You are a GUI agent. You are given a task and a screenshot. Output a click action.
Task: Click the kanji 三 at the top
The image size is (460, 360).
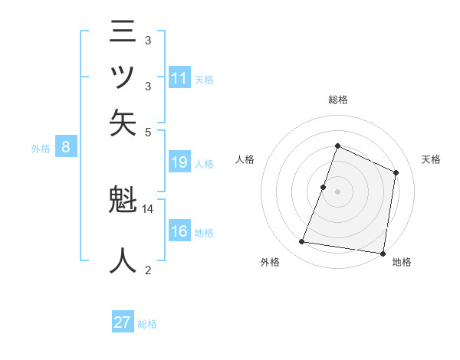click(123, 34)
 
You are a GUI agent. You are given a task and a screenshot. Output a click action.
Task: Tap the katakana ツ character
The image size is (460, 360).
click(123, 77)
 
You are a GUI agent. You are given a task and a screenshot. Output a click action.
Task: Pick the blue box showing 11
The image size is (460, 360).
click(179, 78)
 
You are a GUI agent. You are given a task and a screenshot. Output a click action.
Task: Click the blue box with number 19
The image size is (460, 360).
click(179, 162)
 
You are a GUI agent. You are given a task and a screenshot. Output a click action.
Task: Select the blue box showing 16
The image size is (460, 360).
click(179, 232)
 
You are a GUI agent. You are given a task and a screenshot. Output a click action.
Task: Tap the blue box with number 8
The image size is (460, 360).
click(66, 148)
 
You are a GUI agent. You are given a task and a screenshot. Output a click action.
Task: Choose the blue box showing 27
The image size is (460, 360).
click(123, 322)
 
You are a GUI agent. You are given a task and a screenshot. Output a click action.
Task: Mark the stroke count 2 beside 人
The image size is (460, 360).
click(148, 270)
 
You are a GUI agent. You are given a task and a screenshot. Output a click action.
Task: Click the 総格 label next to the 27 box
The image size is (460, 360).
click(147, 324)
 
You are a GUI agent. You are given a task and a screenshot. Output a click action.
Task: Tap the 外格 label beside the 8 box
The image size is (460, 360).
click(41, 149)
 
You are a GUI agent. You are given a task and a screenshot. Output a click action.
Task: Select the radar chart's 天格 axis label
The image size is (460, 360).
click(432, 159)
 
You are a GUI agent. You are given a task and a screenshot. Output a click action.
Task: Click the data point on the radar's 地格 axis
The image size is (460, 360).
click(383, 254)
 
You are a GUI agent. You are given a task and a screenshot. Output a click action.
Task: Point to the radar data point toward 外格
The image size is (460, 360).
click(302, 242)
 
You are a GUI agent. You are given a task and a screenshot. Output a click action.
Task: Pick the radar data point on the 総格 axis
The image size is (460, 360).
click(337, 146)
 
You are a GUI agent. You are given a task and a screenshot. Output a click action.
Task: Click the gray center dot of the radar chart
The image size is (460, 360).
click(337, 191)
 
